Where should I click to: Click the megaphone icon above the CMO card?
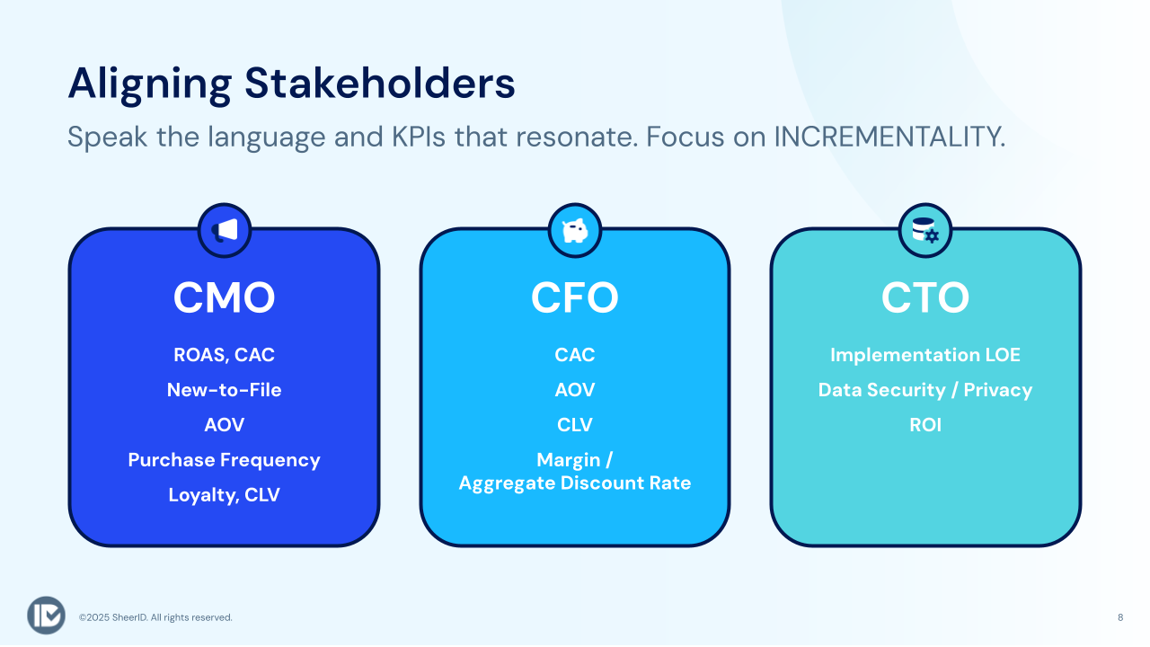tap(225, 231)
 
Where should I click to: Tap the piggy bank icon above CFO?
tap(575, 231)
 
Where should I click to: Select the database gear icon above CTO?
tap(925, 231)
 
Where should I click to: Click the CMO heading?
tap(225, 297)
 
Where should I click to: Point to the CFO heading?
tap(575, 297)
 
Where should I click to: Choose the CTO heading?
tap(925, 297)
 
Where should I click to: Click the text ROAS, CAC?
tap(225, 355)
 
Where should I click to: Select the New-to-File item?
tap(225, 390)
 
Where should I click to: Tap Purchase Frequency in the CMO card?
tap(225, 460)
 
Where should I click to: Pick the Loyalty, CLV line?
tap(225, 495)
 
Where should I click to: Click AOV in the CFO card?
tap(575, 390)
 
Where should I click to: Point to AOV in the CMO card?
tap(225, 425)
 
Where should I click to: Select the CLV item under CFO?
tap(575, 425)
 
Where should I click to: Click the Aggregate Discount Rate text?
tap(575, 483)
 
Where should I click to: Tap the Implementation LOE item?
tap(925, 355)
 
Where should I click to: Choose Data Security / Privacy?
tap(925, 390)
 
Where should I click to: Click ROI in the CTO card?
tap(925, 425)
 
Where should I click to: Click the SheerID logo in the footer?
tap(46, 616)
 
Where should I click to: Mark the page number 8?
tap(1120, 617)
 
